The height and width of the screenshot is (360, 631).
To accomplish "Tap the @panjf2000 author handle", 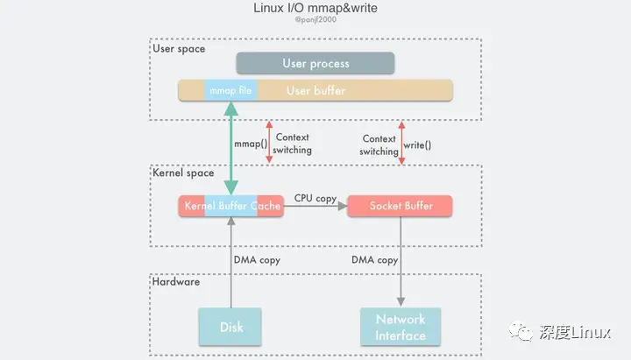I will [315, 28].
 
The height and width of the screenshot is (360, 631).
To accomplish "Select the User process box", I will [315, 64].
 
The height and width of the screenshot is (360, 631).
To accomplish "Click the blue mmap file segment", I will [230, 90].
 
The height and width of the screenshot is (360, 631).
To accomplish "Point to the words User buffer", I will [315, 90].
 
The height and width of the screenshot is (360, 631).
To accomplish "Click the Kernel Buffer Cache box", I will [231, 206].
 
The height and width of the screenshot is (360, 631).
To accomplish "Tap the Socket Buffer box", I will [401, 206].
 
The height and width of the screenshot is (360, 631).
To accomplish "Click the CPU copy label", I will [315, 199].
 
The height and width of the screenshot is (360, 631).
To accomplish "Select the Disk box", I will [231, 327].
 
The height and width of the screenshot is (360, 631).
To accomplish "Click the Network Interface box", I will [401, 327].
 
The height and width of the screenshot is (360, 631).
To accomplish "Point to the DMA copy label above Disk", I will [255, 260].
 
